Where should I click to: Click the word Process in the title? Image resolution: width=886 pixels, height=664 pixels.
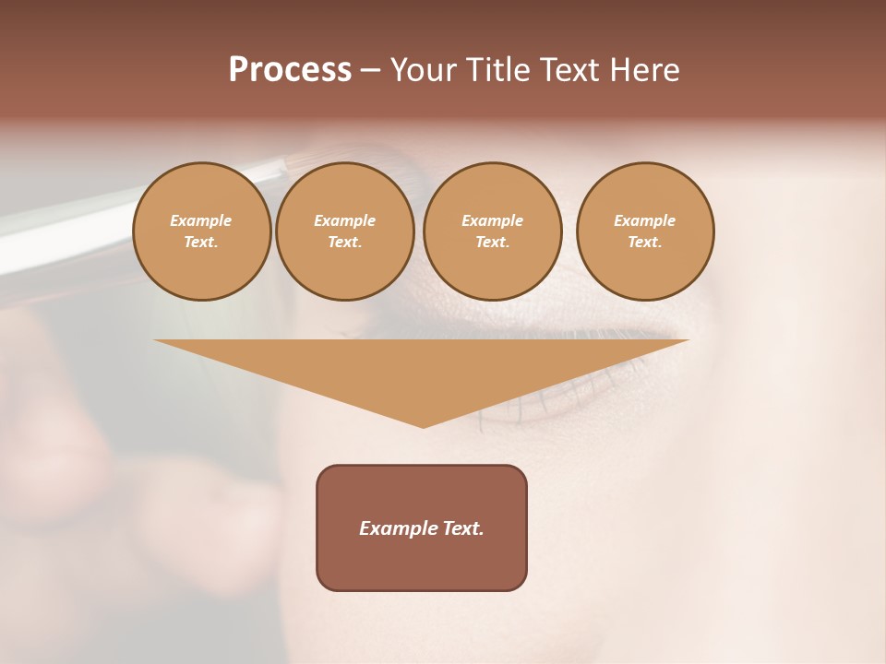coord(290,70)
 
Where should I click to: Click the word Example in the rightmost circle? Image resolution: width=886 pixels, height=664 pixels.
coord(644,220)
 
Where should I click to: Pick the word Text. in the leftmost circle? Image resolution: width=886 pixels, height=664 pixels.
coord(201,243)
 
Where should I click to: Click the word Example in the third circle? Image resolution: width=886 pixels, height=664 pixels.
coord(492,220)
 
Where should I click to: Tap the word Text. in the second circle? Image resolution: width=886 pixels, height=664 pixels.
coord(344,243)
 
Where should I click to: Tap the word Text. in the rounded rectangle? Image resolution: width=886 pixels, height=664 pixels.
coord(462,528)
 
